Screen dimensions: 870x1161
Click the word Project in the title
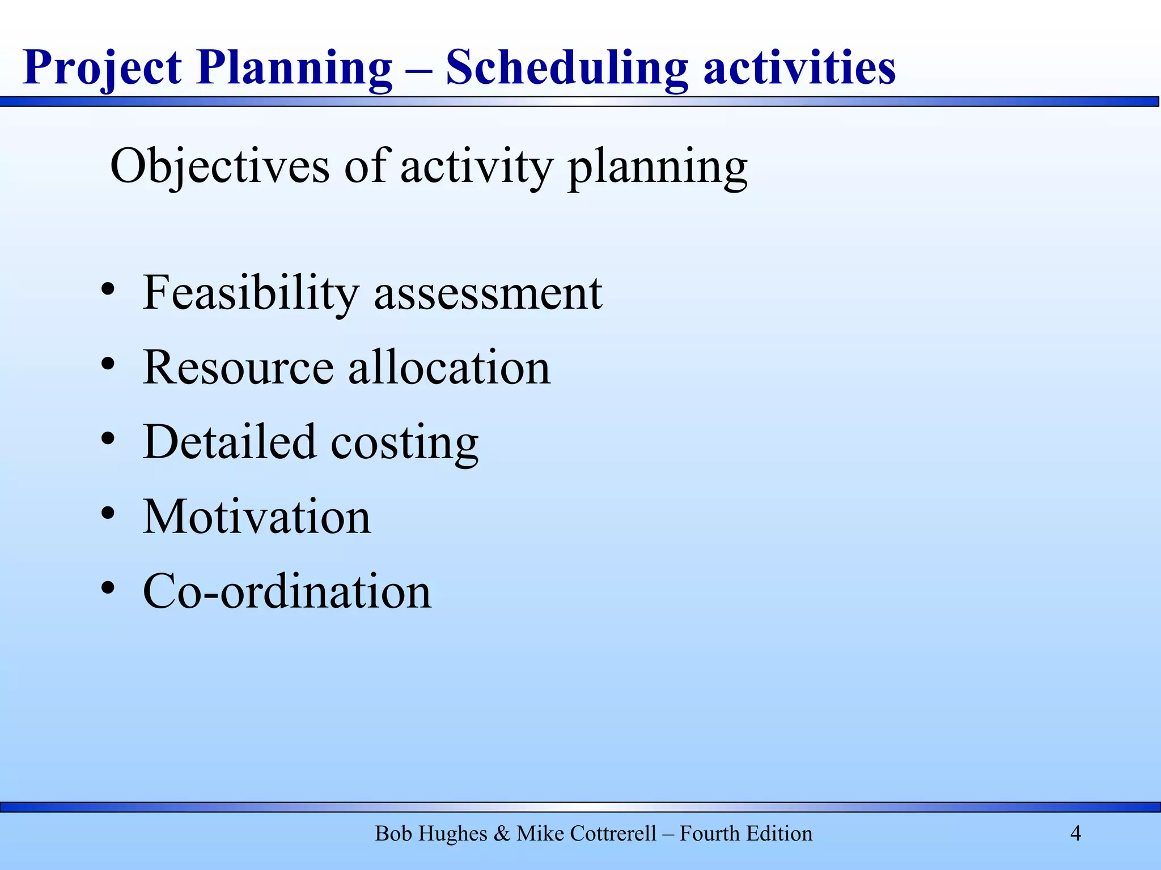pyautogui.click(x=102, y=68)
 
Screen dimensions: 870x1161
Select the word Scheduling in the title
pyautogui.click(x=567, y=68)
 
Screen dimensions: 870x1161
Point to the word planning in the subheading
pyautogui.click(x=658, y=168)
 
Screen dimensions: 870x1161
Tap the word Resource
pyautogui.click(x=238, y=368)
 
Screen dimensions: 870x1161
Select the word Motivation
pyautogui.click(x=257, y=517)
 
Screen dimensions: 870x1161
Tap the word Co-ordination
pyautogui.click(x=287, y=591)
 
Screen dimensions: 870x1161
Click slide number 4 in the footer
pyautogui.click(x=1075, y=833)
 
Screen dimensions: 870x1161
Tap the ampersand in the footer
pyautogui.click(x=502, y=834)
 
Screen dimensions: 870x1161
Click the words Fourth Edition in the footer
pyautogui.click(x=746, y=834)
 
